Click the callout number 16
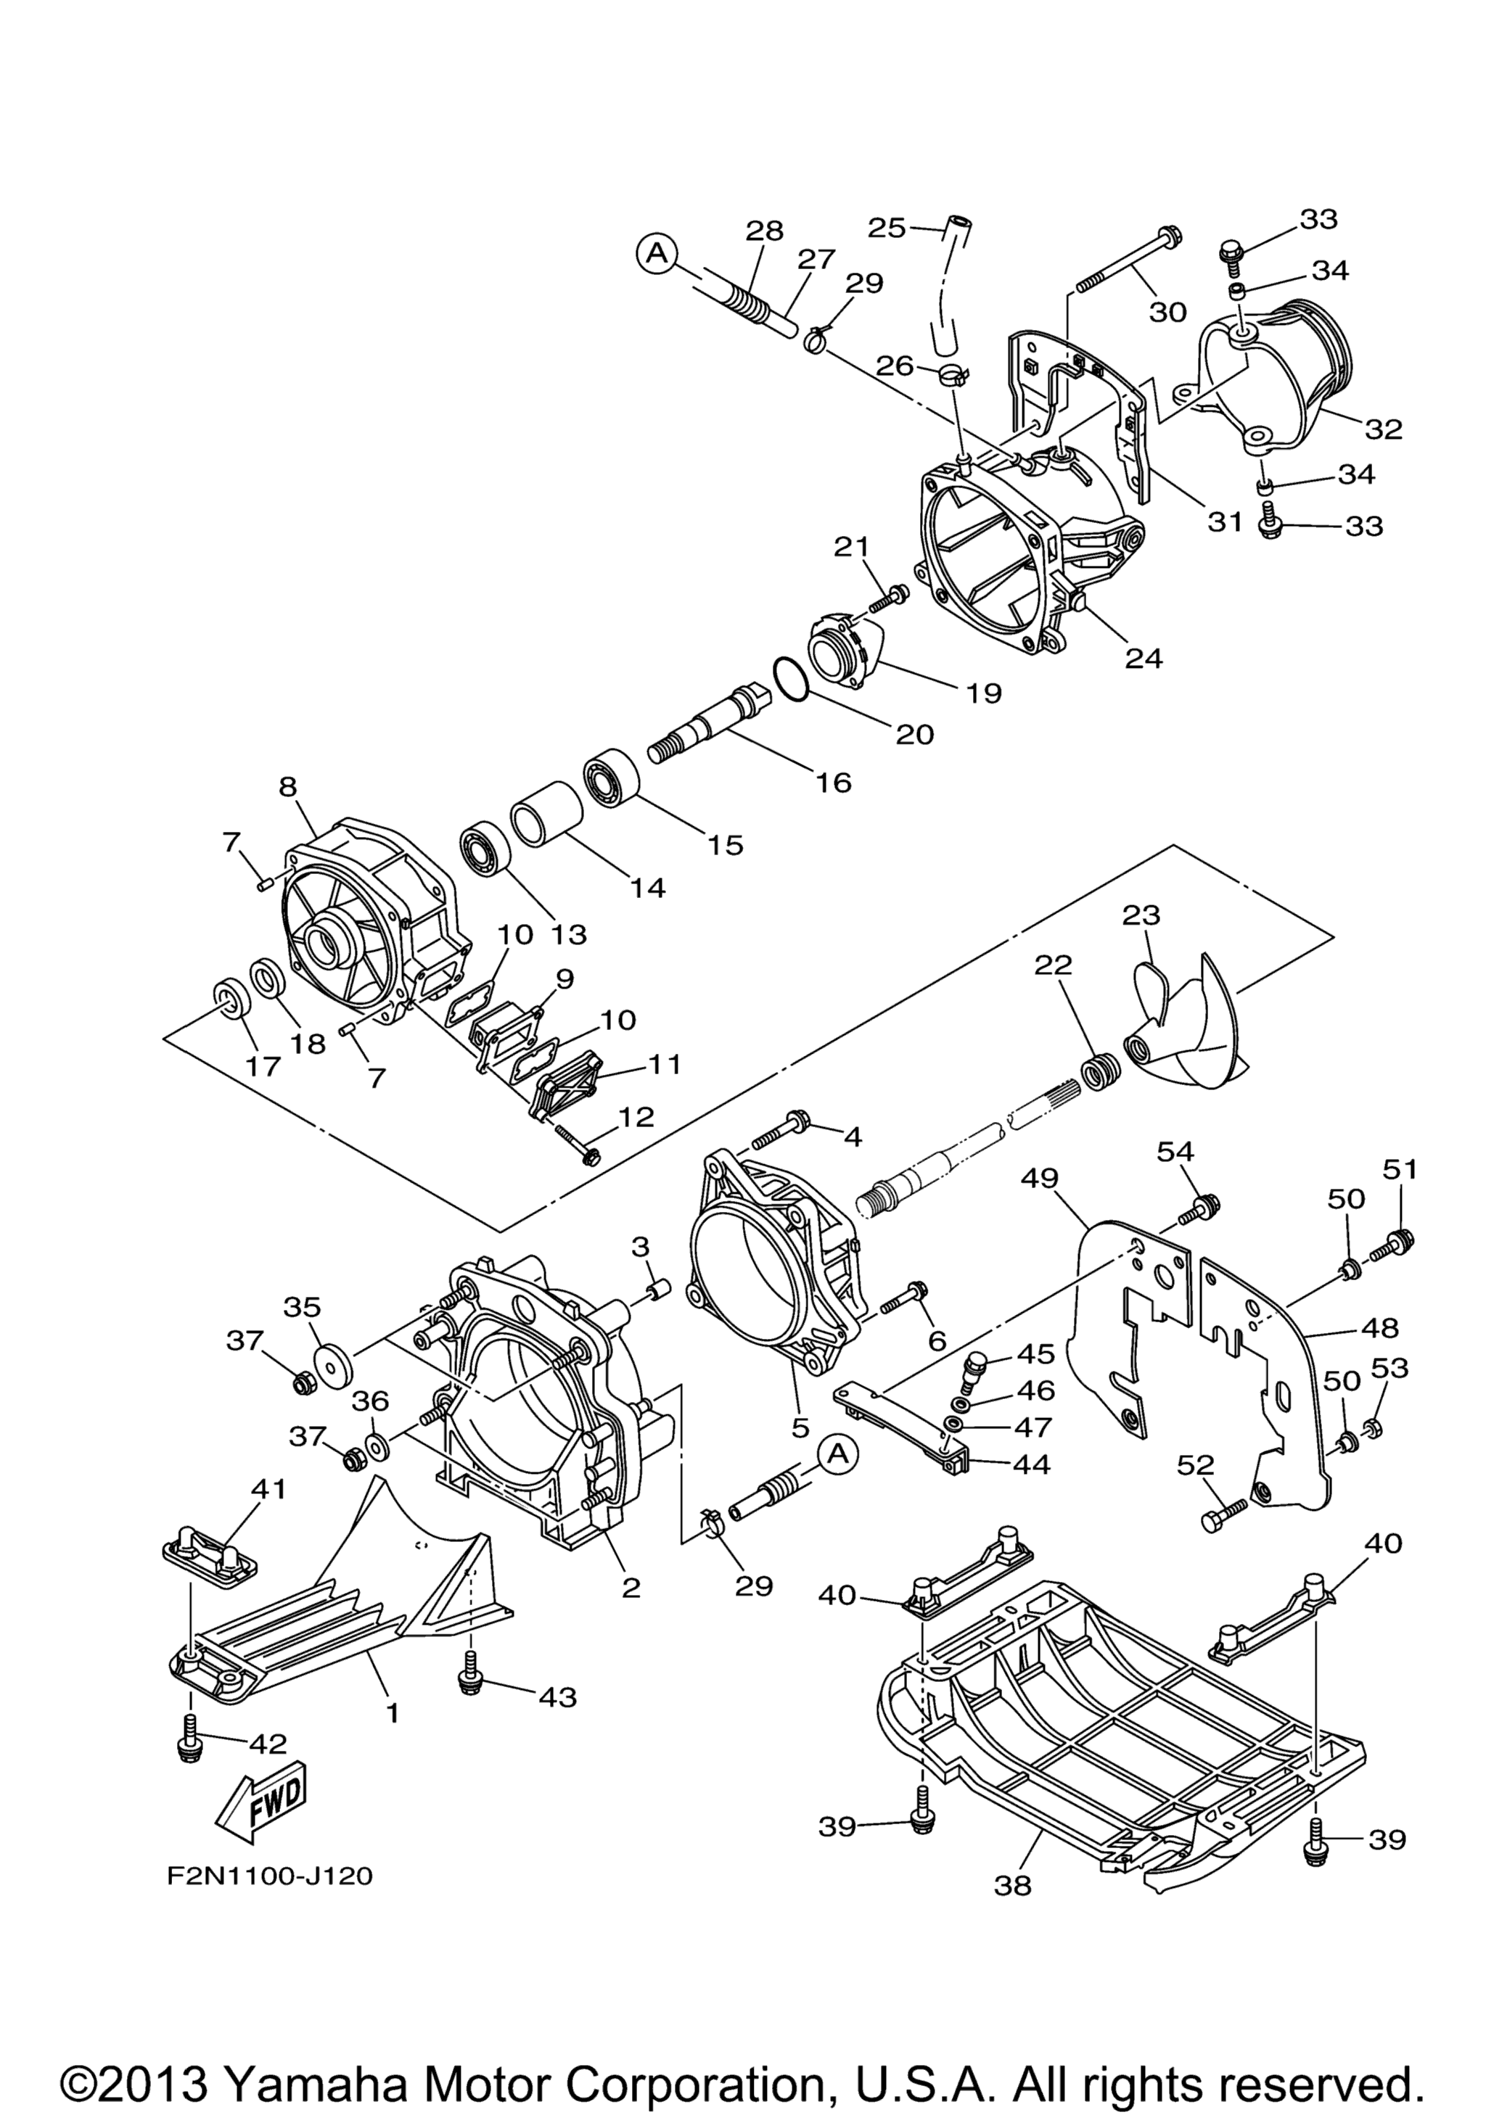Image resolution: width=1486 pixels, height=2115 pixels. click(x=834, y=782)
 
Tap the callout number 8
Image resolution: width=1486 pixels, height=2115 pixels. click(x=288, y=786)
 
